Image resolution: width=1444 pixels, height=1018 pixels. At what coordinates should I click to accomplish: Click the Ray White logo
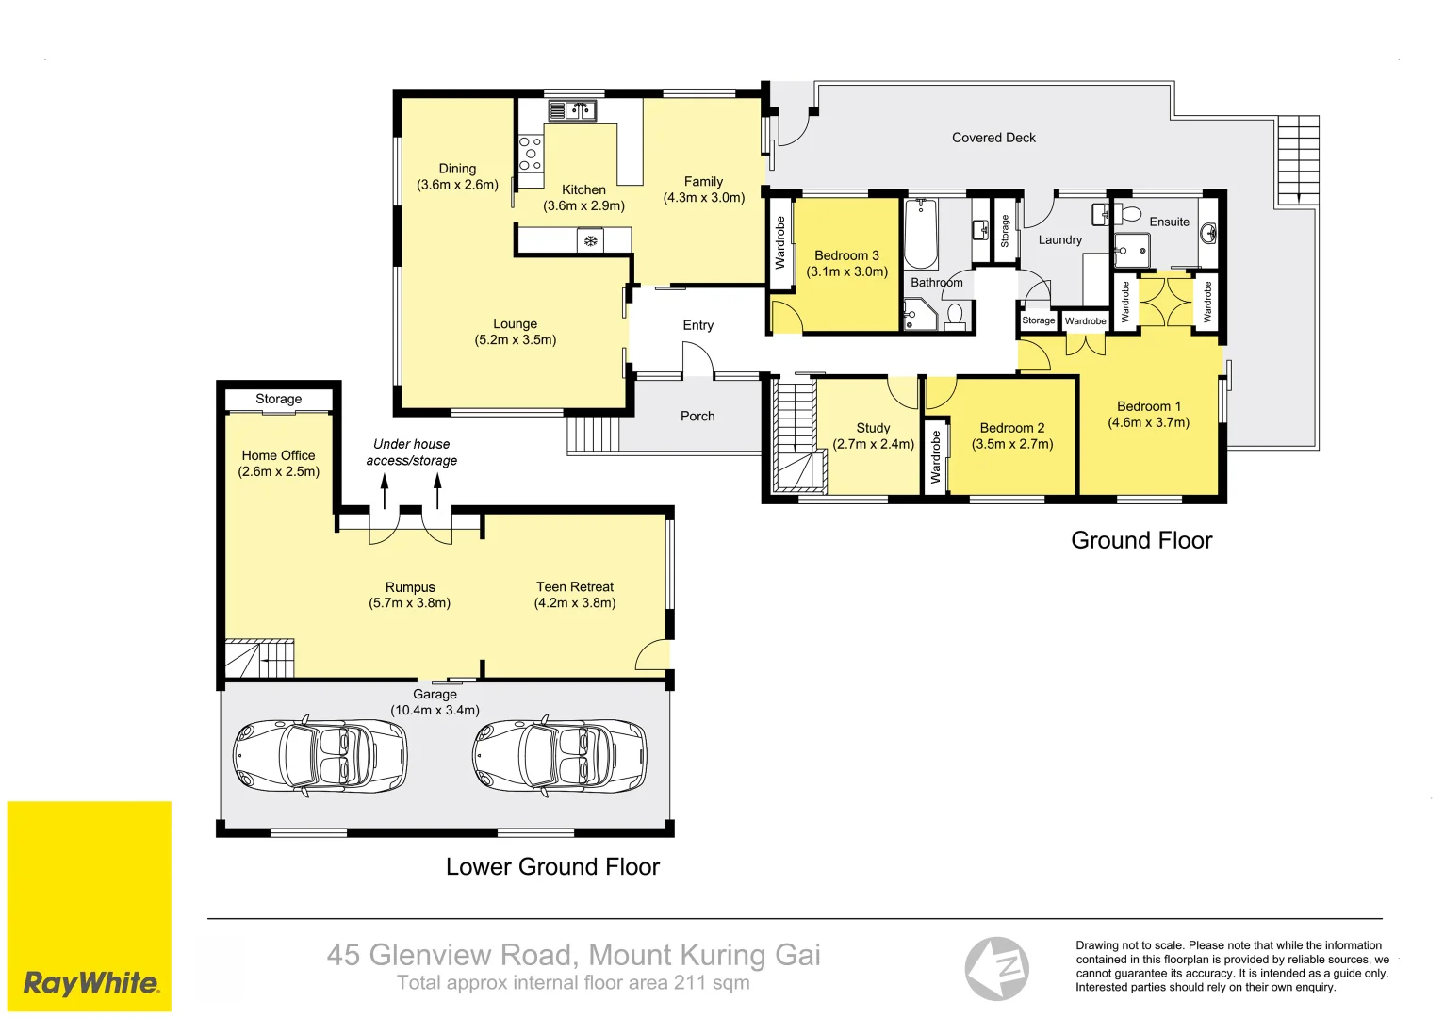(90, 906)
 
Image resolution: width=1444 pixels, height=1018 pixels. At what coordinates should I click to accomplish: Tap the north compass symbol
(996, 968)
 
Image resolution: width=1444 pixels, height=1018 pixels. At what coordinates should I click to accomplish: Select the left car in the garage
(320, 755)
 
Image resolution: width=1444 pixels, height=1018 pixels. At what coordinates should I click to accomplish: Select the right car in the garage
(560, 755)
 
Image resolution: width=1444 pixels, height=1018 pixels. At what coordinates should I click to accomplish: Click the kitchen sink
(572, 110)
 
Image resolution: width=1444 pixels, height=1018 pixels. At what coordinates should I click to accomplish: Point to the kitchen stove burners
(531, 154)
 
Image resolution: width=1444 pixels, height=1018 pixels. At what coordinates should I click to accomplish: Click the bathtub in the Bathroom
(921, 234)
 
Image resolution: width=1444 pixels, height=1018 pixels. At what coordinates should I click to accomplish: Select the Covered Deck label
(993, 138)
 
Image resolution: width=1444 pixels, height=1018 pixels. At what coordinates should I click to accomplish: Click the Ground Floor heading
(1141, 540)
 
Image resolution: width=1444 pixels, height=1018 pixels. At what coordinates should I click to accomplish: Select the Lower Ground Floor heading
(552, 866)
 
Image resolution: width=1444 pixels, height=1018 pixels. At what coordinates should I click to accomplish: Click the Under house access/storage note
(411, 452)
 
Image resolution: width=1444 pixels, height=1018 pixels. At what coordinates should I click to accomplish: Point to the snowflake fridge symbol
(590, 241)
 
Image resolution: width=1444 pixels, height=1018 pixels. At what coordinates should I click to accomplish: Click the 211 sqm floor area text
(712, 982)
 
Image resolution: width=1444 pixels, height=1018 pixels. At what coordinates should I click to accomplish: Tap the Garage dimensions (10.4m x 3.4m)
(435, 710)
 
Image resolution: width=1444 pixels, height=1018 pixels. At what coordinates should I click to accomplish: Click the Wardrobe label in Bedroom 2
(935, 457)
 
